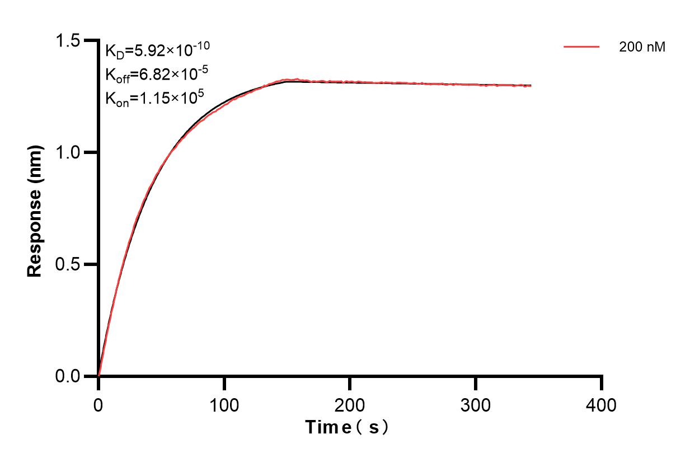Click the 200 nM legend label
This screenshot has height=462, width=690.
pos(642,48)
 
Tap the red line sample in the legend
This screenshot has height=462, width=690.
pos(581,47)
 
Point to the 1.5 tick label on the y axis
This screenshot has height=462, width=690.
pos(69,41)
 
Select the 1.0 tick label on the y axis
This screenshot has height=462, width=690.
pos(69,152)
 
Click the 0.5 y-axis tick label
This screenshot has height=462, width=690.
pos(69,264)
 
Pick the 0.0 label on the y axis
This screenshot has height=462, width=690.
pos(69,376)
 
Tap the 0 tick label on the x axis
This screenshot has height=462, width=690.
pos(98,404)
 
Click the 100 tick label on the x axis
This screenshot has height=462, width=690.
pos(224,404)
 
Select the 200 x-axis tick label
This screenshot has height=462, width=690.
pos(350,404)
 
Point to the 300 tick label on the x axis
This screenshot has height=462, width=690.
pos(476,404)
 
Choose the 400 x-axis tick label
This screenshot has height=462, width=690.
pos(602,404)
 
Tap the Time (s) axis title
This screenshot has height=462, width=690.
pos(347,428)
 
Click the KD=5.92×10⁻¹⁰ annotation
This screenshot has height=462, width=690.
pos(157,50)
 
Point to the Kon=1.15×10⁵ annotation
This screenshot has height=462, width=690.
pos(154,99)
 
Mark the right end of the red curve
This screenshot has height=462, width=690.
pos(531,86)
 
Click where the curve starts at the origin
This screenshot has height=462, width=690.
pos(99,375)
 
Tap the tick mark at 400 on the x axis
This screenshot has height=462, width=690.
pos(602,383)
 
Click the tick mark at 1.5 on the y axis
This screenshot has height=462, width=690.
pos(90,41)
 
